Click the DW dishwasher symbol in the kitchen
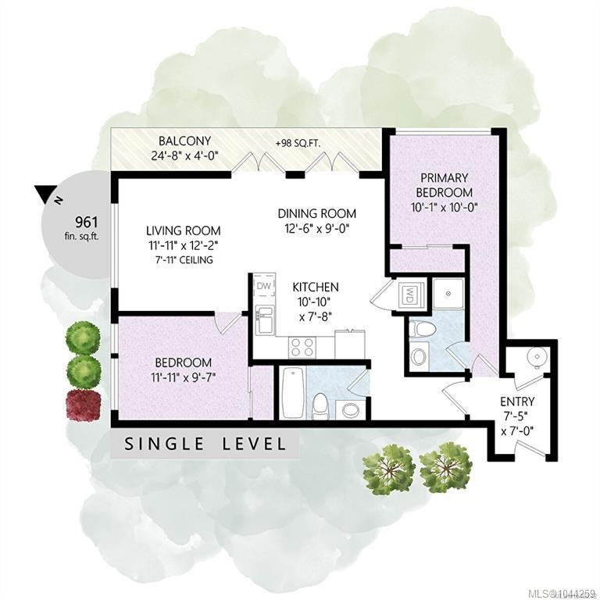[263, 285]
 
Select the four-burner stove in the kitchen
[302, 348]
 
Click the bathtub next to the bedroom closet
[292, 393]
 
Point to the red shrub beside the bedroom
[84, 405]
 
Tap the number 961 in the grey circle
[87, 222]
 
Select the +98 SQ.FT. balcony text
[298, 144]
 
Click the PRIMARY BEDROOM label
[445, 185]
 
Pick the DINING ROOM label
[317, 213]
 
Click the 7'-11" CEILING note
[181, 260]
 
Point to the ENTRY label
[517, 402]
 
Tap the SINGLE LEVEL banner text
[205, 444]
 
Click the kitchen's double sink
[264, 320]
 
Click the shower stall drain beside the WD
[448, 294]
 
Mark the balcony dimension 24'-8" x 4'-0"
[185, 156]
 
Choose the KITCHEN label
[316, 287]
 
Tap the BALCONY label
[185, 141]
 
